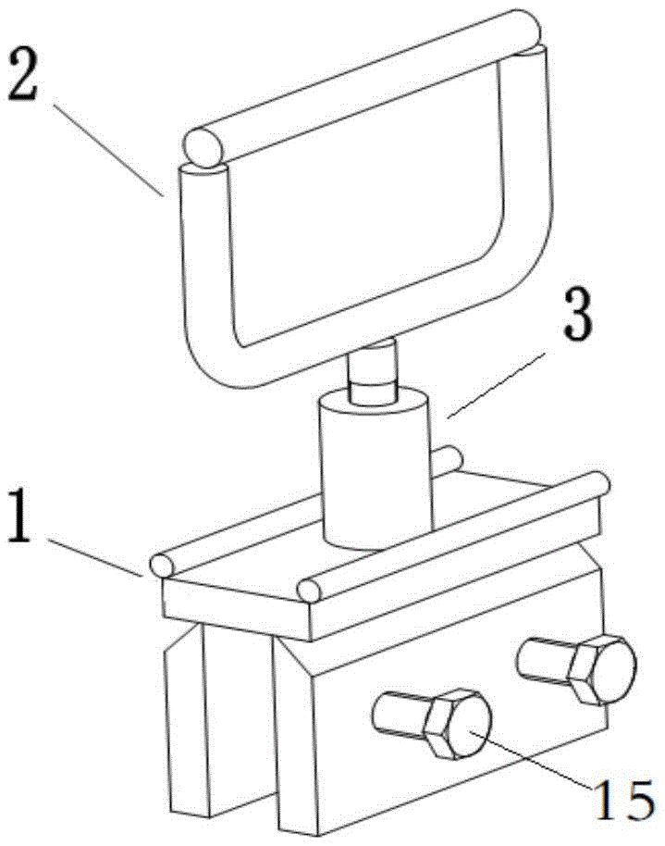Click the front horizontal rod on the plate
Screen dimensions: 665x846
pyautogui.click(x=453, y=537)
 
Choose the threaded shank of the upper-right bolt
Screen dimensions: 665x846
pyautogui.click(x=546, y=659)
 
